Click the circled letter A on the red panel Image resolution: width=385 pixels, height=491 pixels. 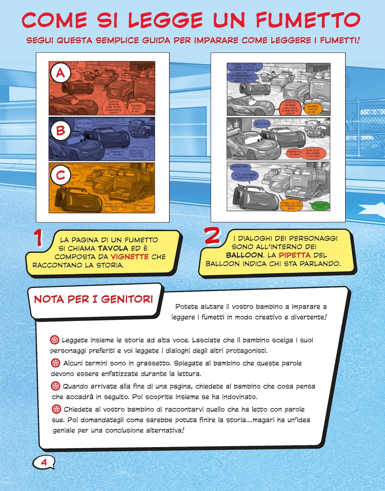[60, 73]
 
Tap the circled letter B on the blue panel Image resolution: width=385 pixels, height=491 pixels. [60, 131]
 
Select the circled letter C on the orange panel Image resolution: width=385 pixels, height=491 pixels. [60, 175]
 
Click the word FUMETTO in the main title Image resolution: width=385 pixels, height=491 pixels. [308, 20]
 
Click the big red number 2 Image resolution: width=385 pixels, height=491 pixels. [212, 236]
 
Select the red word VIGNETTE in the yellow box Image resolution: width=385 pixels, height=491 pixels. [129, 257]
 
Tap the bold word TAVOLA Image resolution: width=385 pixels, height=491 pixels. [113, 248]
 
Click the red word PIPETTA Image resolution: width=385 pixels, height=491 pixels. [294, 255]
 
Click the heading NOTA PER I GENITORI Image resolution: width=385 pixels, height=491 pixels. [93, 299]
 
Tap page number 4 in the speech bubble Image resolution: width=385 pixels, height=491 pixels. [44, 462]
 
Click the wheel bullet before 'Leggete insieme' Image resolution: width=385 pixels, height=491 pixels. [55, 340]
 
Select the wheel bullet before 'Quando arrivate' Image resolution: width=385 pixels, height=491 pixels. [55, 386]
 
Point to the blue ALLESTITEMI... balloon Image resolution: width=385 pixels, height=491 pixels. [241, 167]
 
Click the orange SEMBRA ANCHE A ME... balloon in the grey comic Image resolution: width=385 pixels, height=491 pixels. [313, 109]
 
